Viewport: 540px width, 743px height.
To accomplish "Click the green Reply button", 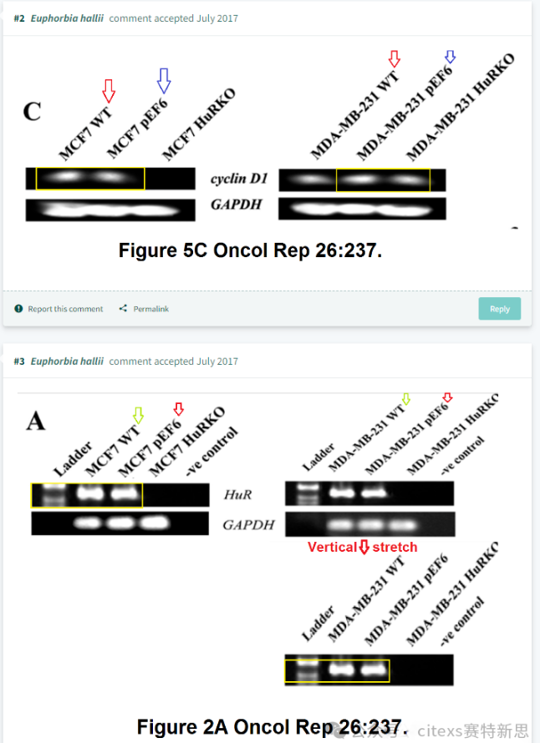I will tap(499, 309).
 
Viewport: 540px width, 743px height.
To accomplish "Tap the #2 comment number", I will tap(19, 18).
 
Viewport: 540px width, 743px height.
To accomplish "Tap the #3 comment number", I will tap(19, 361).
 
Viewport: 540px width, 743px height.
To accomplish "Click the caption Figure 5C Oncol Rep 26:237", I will tap(250, 250).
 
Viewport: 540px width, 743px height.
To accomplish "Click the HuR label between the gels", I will tap(237, 495).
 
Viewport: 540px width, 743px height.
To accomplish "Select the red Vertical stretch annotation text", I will tap(362, 548).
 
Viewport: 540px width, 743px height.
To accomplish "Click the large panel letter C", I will tap(32, 111).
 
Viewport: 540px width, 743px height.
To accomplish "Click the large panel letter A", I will tap(35, 421).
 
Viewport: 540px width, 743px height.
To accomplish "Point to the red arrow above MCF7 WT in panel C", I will tap(108, 89).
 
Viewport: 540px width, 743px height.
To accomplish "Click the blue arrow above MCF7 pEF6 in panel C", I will tap(164, 81).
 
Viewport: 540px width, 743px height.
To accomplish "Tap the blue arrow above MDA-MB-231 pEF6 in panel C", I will tap(450, 57).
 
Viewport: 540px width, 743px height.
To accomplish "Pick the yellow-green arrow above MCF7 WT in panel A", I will tap(138, 414).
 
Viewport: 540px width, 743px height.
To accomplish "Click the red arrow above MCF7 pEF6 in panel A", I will tap(177, 408).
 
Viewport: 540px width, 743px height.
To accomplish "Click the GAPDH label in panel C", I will tap(236, 205).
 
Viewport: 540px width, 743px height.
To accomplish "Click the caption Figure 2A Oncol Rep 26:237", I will tap(273, 725).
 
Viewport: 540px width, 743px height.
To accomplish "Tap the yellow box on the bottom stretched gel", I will tap(337, 670).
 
